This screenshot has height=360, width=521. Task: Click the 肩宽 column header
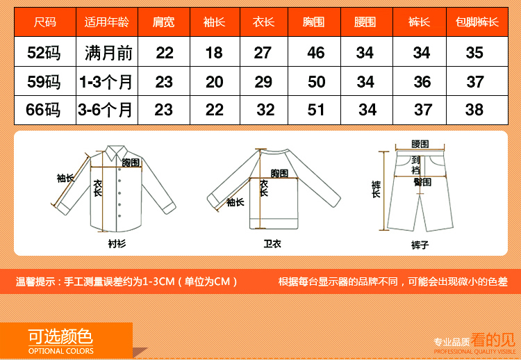[x=163, y=22]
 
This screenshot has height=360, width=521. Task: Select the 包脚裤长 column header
[x=477, y=22]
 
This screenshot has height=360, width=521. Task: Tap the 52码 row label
[x=44, y=53]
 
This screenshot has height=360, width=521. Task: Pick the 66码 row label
[x=43, y=110]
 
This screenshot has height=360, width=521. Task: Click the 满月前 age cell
[x=108, y=53]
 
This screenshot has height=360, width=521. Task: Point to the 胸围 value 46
[x=315, y=53]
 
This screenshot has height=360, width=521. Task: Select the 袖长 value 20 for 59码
[x=215, y=82]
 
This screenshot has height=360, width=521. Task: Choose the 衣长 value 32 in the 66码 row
[x=265, y=110]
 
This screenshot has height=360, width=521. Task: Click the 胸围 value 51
[x=315, y=110]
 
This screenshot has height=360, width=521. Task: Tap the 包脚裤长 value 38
[x=474, y=110]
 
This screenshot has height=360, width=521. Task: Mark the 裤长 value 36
[x=422, y=82]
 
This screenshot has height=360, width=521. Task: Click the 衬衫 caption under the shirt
[x=117, y=244]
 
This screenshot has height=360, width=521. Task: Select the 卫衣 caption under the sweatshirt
[x=272, y=244]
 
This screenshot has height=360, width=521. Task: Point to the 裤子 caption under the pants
[x=420, y=245]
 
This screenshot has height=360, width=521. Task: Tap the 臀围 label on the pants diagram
[x=422, y=182]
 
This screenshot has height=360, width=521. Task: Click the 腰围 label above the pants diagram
[x=420, y=144]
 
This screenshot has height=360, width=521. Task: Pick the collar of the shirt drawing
[x=116, y=153]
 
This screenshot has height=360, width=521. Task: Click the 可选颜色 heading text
[x=60, y=336]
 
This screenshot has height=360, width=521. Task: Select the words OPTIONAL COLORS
[x=61, y=351]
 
